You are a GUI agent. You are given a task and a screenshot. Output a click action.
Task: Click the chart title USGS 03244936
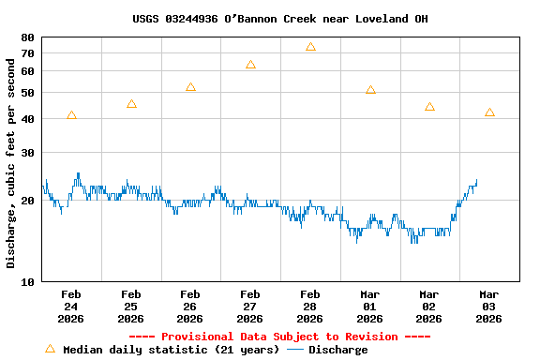tap(279, 18)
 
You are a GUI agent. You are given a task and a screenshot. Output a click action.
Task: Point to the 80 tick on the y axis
tap(27, 37)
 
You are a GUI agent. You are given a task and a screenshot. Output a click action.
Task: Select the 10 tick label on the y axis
tap(27, 281)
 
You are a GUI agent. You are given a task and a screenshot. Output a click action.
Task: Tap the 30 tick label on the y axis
tap(27, 153)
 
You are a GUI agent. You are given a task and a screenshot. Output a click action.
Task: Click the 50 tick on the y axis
tap(27, 93)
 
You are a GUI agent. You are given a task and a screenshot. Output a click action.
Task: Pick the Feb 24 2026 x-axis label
tap(71, 306)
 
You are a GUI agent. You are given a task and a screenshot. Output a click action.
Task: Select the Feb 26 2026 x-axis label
tap(190, 306)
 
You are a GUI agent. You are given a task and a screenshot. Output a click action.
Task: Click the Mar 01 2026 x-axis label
tap(369, 306)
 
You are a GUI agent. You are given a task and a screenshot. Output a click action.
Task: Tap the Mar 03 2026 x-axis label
tap(488, 306)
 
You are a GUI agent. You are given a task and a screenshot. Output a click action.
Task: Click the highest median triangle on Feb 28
tap(310, 46)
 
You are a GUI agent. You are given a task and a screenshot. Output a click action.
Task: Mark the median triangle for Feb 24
tap(71, 115)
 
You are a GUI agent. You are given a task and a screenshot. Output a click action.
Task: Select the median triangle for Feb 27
tap(250, 65)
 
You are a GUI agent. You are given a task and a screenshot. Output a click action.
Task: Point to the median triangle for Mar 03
tap(489, 112)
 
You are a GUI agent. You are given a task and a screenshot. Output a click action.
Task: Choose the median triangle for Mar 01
tap(370, 90)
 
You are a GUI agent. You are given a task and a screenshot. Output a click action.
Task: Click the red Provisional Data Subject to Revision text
tap(279, 337)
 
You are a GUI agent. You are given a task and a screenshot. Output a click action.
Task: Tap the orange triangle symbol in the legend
tap(50, 349)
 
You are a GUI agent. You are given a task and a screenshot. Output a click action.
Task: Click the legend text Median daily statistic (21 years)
tap(171, 350)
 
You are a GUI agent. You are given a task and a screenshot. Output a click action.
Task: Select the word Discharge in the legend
tap(337, 350)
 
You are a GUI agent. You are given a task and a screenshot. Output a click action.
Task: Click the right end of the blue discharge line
tap(476, 180)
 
